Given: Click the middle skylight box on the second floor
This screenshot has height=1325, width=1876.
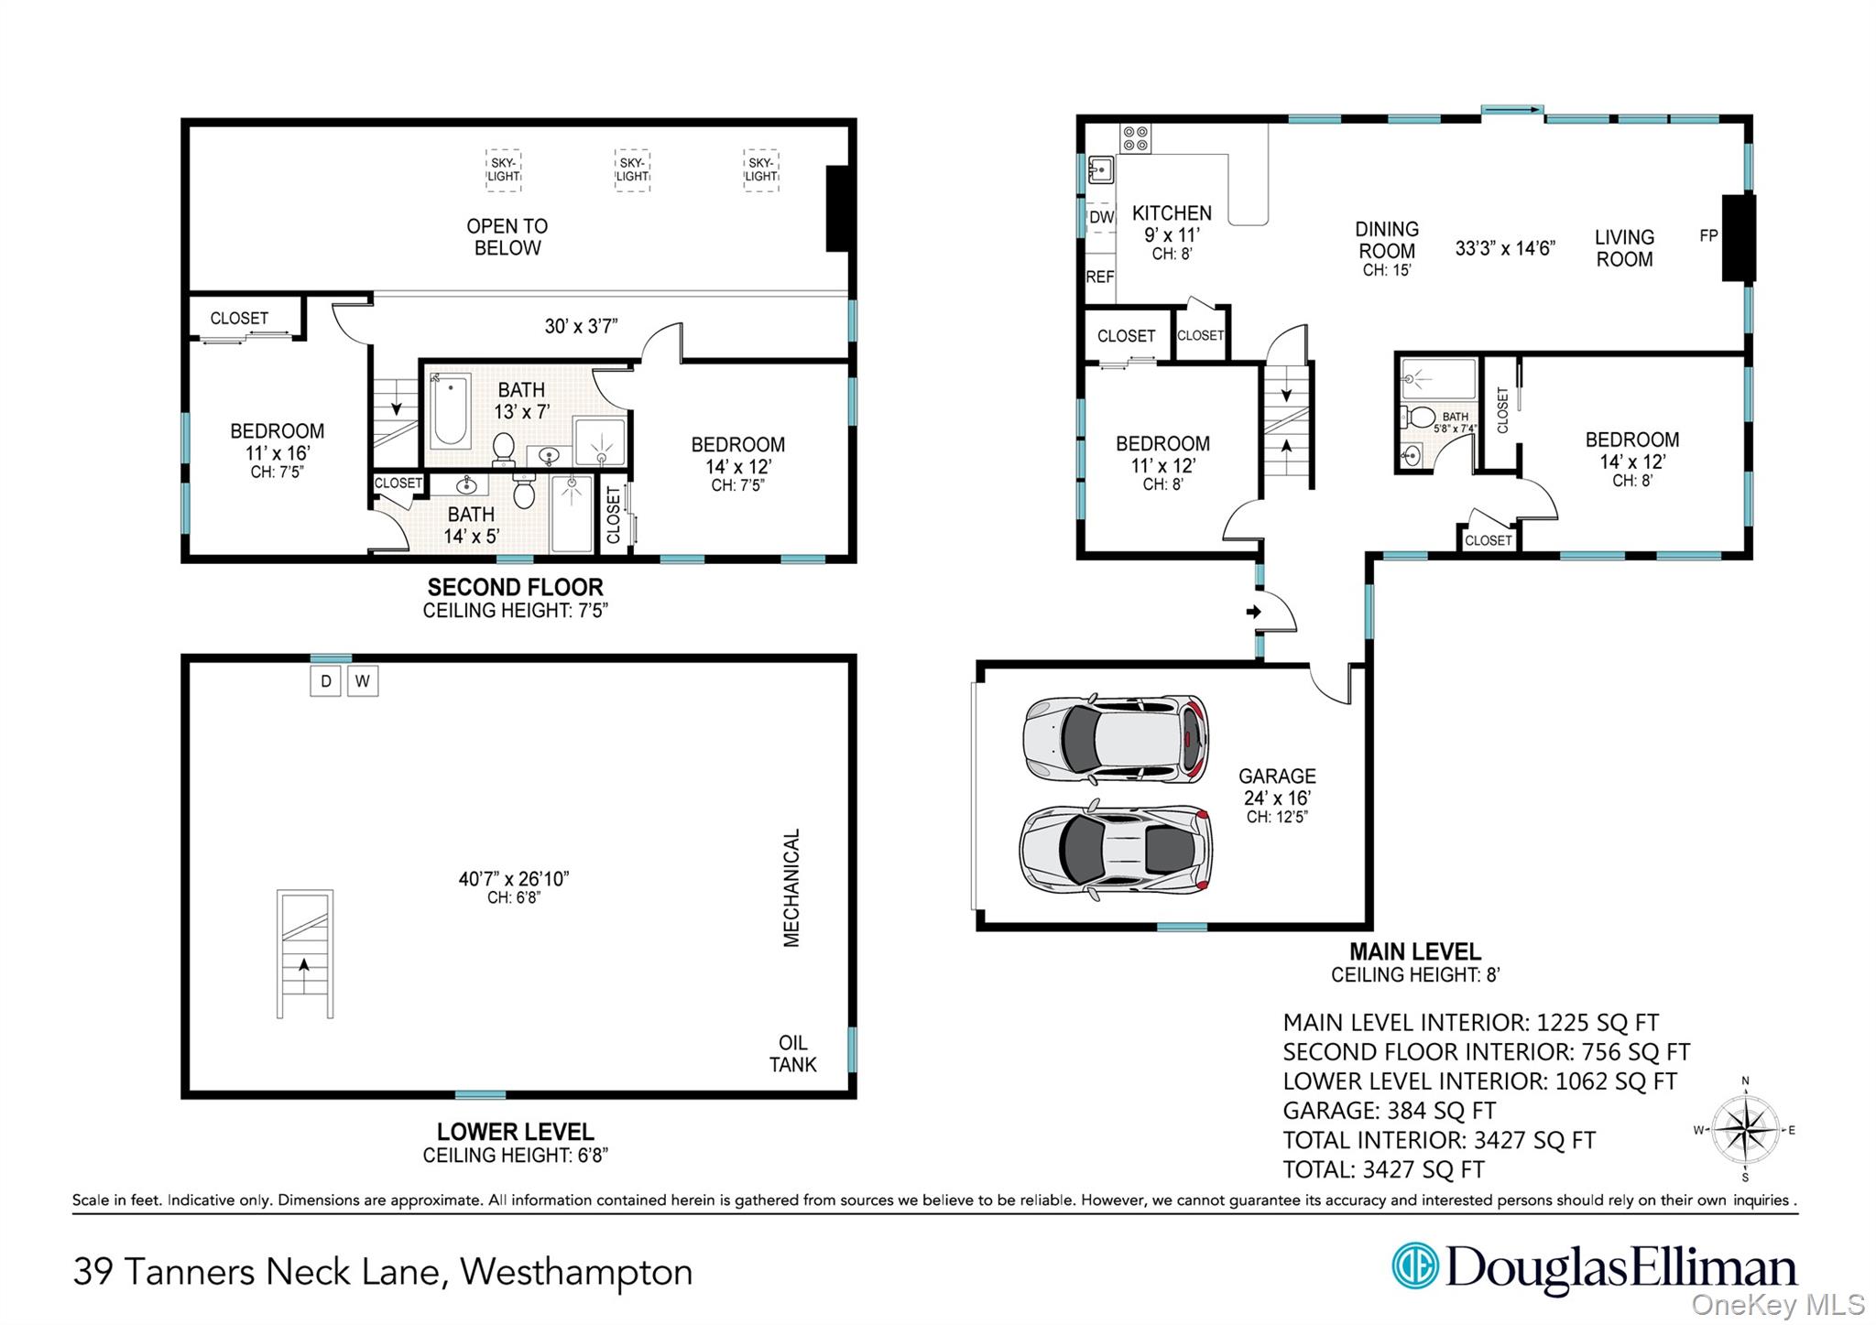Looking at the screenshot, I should coord(632,170).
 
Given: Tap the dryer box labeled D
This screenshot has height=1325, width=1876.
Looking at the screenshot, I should coord(325,681).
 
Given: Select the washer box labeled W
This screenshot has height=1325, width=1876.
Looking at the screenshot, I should coord(363,681).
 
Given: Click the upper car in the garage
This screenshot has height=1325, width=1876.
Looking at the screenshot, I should coord(1115,740).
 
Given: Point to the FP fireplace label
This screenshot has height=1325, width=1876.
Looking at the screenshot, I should coord(1708,236).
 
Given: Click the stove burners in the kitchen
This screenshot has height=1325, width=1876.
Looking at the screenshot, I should coord(1136,139).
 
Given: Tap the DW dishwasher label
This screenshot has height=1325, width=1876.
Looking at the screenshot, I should coord(1101,218).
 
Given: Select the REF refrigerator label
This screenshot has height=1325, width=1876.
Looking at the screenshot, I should coord(1099,277).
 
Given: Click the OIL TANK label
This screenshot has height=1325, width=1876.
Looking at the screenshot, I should coord(792,1054).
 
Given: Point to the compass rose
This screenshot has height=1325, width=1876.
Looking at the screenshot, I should coord(1745,1130).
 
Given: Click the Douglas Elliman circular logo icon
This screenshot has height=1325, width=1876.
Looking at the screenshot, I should coord(1414,1265).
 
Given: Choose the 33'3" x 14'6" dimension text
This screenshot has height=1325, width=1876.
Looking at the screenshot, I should coord(1505,248).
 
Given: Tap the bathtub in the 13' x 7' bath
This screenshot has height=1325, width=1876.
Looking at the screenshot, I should coord(450,410).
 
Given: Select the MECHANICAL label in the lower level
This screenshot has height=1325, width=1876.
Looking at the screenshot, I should coord(791,887).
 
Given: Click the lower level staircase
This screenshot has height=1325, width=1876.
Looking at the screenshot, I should coord(305,953).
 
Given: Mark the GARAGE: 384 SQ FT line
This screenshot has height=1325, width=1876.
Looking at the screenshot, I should coord(1389,1111).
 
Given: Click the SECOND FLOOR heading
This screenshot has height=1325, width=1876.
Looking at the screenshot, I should coord(515,587).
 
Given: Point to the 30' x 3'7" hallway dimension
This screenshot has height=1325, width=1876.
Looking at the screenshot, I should coord(581,326).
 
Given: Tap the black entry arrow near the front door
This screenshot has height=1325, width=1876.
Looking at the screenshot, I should coord(1253,612).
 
